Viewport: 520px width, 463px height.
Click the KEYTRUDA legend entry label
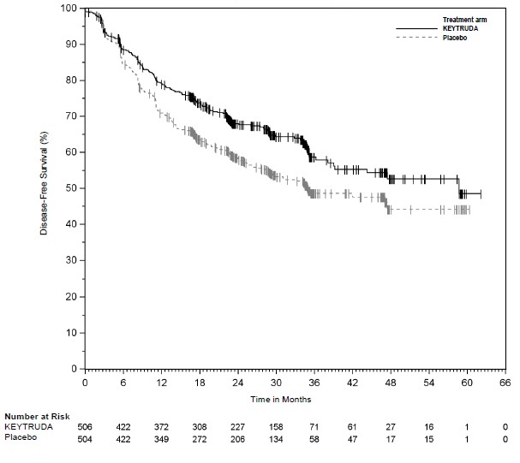click(460, 29)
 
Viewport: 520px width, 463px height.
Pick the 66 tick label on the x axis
click(505, 383)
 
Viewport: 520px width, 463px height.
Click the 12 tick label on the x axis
click(161, 383)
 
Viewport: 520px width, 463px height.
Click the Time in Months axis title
click(281, 399)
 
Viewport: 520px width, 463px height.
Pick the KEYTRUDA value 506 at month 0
click(85, 426)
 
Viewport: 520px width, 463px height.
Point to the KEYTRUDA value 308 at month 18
click(200, 426)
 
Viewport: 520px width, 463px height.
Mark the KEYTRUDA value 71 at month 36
click(314, 426)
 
